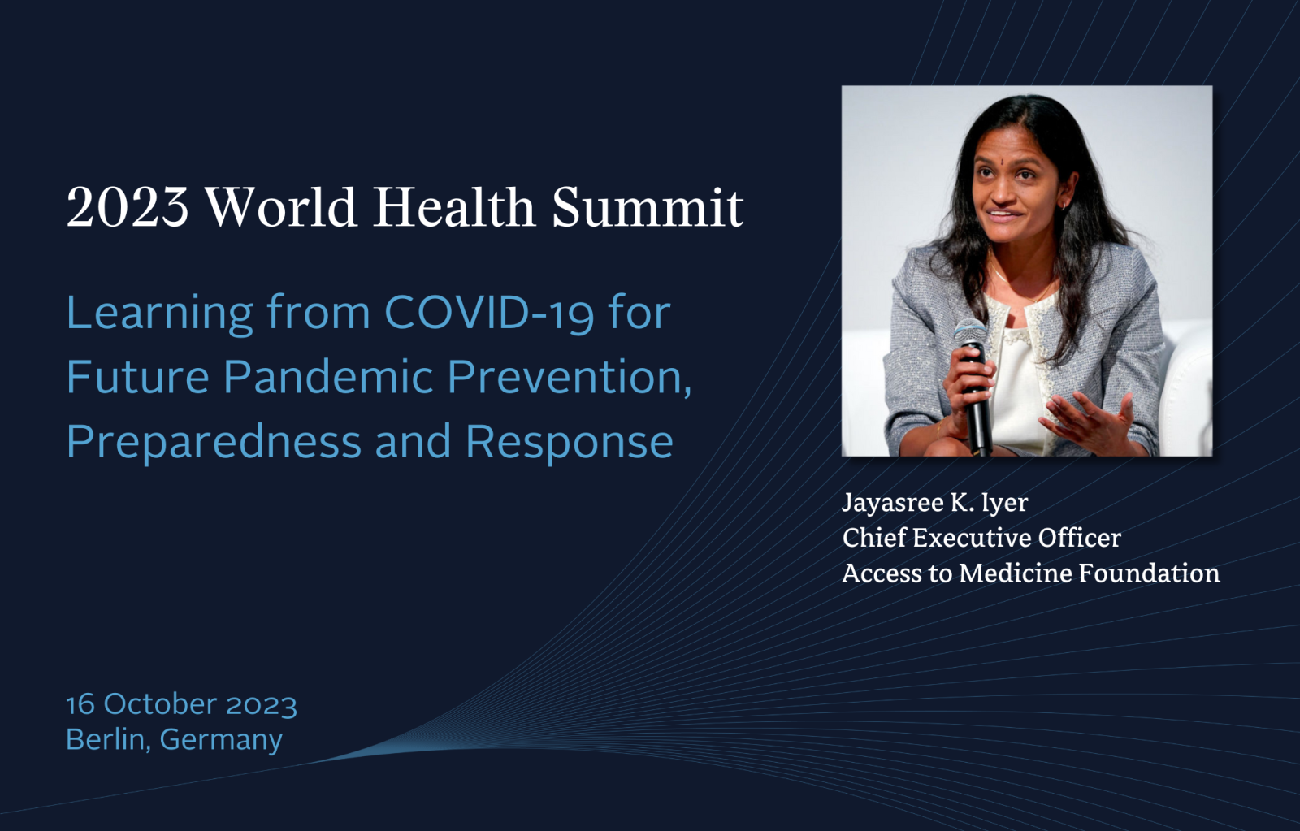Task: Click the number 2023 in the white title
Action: click(128, 207)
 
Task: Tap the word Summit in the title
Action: click(648, 207)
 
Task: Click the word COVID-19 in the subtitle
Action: click(489, 314)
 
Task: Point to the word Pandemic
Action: click(328, 377)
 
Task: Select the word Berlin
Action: click(106, 739)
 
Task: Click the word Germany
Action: click(221, 741)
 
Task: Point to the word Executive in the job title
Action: click(972, 538)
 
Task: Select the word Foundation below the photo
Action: click(1149, 573)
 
